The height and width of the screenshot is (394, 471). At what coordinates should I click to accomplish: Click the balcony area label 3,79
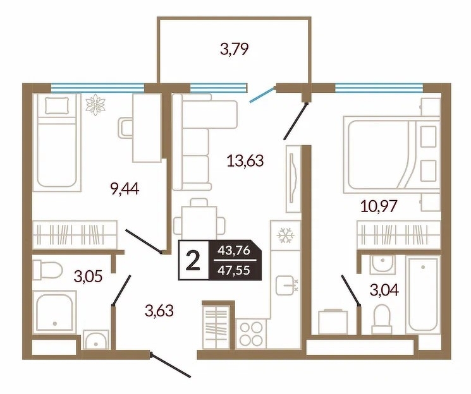tap(234, 49)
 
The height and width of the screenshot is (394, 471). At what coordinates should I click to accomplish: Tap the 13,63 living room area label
tap(245, 160)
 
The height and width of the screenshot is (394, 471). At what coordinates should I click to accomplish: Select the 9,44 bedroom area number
tap(125, 189)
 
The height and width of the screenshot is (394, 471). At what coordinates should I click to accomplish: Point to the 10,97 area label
tap(379, 206)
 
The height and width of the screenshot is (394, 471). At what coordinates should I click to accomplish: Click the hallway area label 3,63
tap(159, 310)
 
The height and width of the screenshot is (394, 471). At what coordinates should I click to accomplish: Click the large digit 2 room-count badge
tap(193, 261)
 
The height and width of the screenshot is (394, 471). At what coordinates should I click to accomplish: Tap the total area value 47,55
tap(234, 270)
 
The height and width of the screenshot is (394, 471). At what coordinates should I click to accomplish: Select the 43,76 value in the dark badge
tap(234, 250)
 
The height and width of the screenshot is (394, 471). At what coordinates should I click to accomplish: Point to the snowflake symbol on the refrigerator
tap(285, 235)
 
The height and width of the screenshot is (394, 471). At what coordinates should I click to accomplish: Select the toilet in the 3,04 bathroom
tap(381, 319)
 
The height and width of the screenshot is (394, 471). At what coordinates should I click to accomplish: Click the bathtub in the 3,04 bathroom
tap(423, 294)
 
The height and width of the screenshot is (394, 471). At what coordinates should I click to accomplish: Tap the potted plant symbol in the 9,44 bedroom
tap(95, 104)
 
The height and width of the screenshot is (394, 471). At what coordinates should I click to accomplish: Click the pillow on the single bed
tap(57, 105)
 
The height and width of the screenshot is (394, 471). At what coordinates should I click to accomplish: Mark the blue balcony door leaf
tap(262, 95)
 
